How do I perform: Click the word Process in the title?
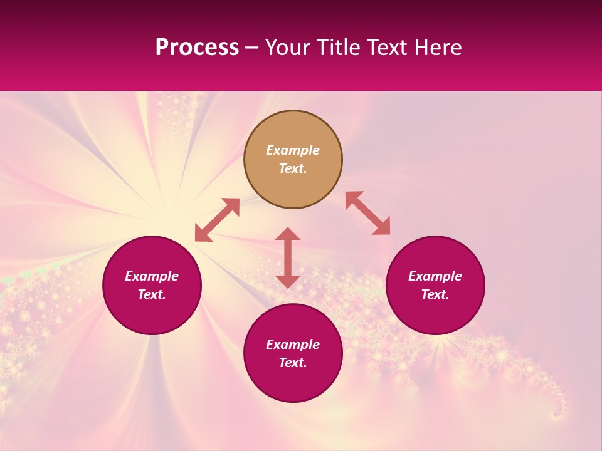coord(197,48)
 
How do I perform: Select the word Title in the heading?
coord(339,48)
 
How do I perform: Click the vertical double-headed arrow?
coord(288,257)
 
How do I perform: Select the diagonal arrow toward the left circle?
coord(217,220)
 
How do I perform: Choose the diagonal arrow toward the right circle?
coord(368,213)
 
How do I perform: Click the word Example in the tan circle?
coord(293,150)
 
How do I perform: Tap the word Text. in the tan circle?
coord(293,168)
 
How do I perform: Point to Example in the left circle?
coord(152,276)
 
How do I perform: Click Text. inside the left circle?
coord(152,294)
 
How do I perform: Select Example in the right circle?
coord(435,276)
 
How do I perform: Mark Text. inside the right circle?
coord(435,294)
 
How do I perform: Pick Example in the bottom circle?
coord(293,345)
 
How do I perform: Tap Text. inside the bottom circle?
coord(293,363)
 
